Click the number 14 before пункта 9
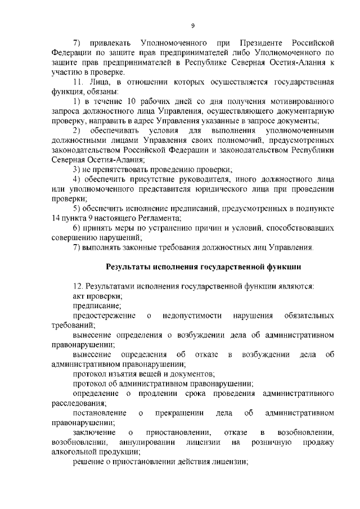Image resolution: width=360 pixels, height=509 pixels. click(x=55, y=218)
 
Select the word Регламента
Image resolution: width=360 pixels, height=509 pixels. click(x=160, y=218)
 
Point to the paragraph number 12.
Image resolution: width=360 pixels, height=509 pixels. click(x=78, y=286)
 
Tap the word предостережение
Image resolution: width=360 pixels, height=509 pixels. click(x=104, y=316)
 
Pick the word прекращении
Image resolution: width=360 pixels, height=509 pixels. click(x=179, y=413)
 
